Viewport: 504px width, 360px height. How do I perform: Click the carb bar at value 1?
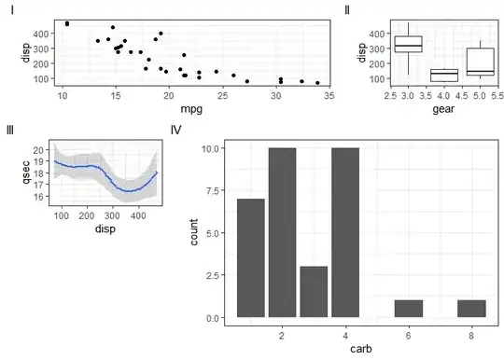(251, 258)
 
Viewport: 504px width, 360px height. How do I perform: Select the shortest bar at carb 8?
(471, 309)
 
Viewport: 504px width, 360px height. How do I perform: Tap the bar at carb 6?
(409, 309)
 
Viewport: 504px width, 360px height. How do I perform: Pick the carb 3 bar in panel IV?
(314, 292)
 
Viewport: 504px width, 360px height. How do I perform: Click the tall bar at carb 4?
(345, 232)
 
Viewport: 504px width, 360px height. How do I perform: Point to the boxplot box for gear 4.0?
(444, 76)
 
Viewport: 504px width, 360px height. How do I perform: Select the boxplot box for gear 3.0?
(408, 45)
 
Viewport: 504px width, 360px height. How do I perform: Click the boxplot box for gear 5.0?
(481, 62)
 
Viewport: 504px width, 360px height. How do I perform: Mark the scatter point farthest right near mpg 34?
(317, 83)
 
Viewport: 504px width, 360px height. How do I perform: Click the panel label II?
(347, 10)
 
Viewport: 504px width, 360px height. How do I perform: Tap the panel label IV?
(175, 130)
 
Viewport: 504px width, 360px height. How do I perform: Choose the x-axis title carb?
(361, 349)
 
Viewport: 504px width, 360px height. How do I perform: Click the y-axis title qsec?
(26, 173)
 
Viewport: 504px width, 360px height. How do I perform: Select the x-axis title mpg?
(191, 109)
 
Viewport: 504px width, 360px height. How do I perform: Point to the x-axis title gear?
(443, 109)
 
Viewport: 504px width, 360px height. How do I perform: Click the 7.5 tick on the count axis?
(213, 190)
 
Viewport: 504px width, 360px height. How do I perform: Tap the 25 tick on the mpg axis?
(222, 96)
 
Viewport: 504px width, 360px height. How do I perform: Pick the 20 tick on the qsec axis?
(38, 150)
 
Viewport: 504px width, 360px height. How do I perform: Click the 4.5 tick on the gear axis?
(462, 96)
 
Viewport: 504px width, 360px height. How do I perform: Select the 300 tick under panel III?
(113, 215)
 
